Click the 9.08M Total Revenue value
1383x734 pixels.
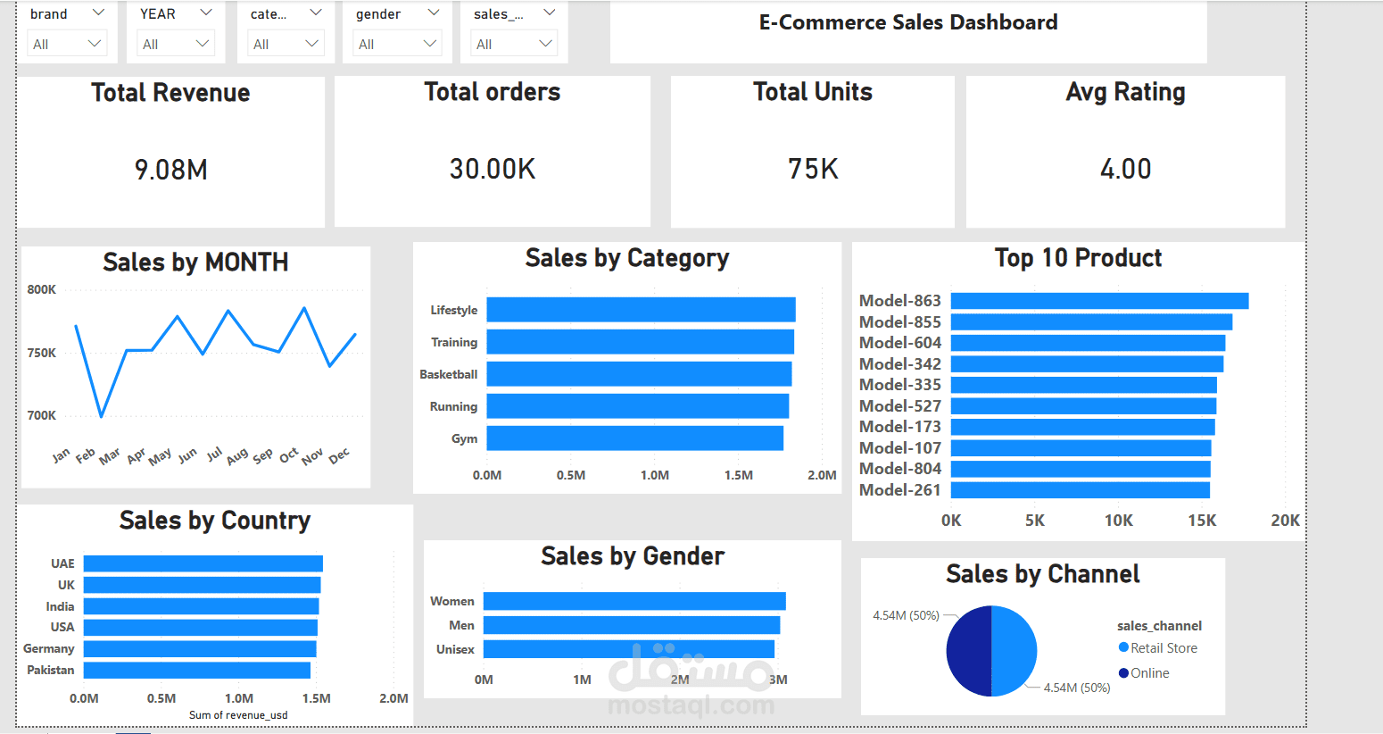pos(171,170)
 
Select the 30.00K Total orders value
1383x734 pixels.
pos(493,169)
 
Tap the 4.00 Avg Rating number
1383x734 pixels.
pos(1125,169)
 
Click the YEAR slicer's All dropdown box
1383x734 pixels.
pos(176,44)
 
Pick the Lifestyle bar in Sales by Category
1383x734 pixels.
pos(641,310)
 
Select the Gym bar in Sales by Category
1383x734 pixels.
pos(634,438)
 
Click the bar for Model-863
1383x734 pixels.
pos(1099,301)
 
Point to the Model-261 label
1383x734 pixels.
pos(899,490)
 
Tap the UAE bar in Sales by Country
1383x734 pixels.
pos(203,563)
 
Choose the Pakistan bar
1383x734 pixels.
pos(196,670)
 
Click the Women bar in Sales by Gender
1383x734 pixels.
pos(634,601)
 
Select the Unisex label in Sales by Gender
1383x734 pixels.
pos(455,649)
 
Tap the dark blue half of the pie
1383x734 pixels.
pos(969,651)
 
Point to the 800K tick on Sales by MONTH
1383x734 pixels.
pos(42,289)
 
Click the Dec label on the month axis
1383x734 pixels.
pos(339,456)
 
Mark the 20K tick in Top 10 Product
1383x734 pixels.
pos(1285,521)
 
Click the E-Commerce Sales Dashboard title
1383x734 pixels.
pos(908,22)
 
